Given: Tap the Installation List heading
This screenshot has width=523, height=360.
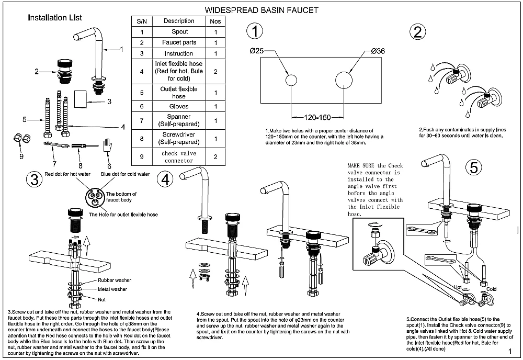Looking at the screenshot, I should pyautogui.click(x=55, y=17).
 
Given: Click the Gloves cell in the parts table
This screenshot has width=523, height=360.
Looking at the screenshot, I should pyautogui.click(x=179, y=106).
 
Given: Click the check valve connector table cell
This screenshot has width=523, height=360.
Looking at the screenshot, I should pyautogui.click(x=179, y=156).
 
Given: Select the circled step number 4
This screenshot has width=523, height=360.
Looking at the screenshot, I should pyautogui.click(x=166, y=179).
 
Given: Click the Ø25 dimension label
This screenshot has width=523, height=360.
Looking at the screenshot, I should pyautogui.click(x=257, y=51).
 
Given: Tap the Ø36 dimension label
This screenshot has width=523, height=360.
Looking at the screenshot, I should pyautogui.click(x=378, y=51).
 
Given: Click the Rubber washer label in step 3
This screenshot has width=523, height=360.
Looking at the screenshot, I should pyautogui.click(x=115, y=280).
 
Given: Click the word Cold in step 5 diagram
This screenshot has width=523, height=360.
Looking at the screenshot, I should pyautogui.click(x=492, y=288).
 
